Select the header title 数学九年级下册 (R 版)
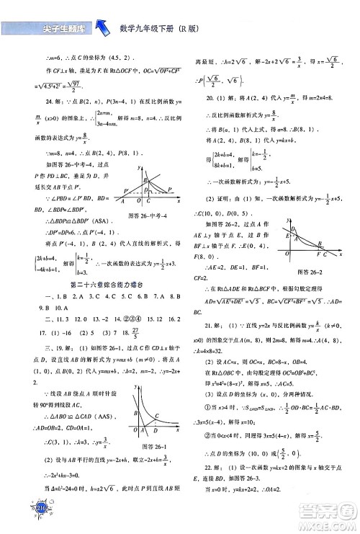tap(166, 30)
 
